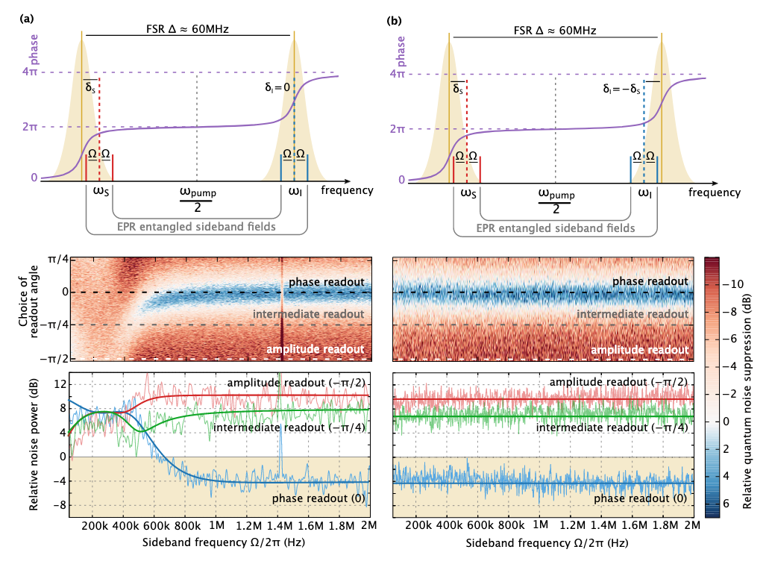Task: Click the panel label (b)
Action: click(393, 22)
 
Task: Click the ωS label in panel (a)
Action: click(101, 192)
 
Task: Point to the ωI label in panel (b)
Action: click(646, 193)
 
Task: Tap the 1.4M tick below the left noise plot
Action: click(278, 526)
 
